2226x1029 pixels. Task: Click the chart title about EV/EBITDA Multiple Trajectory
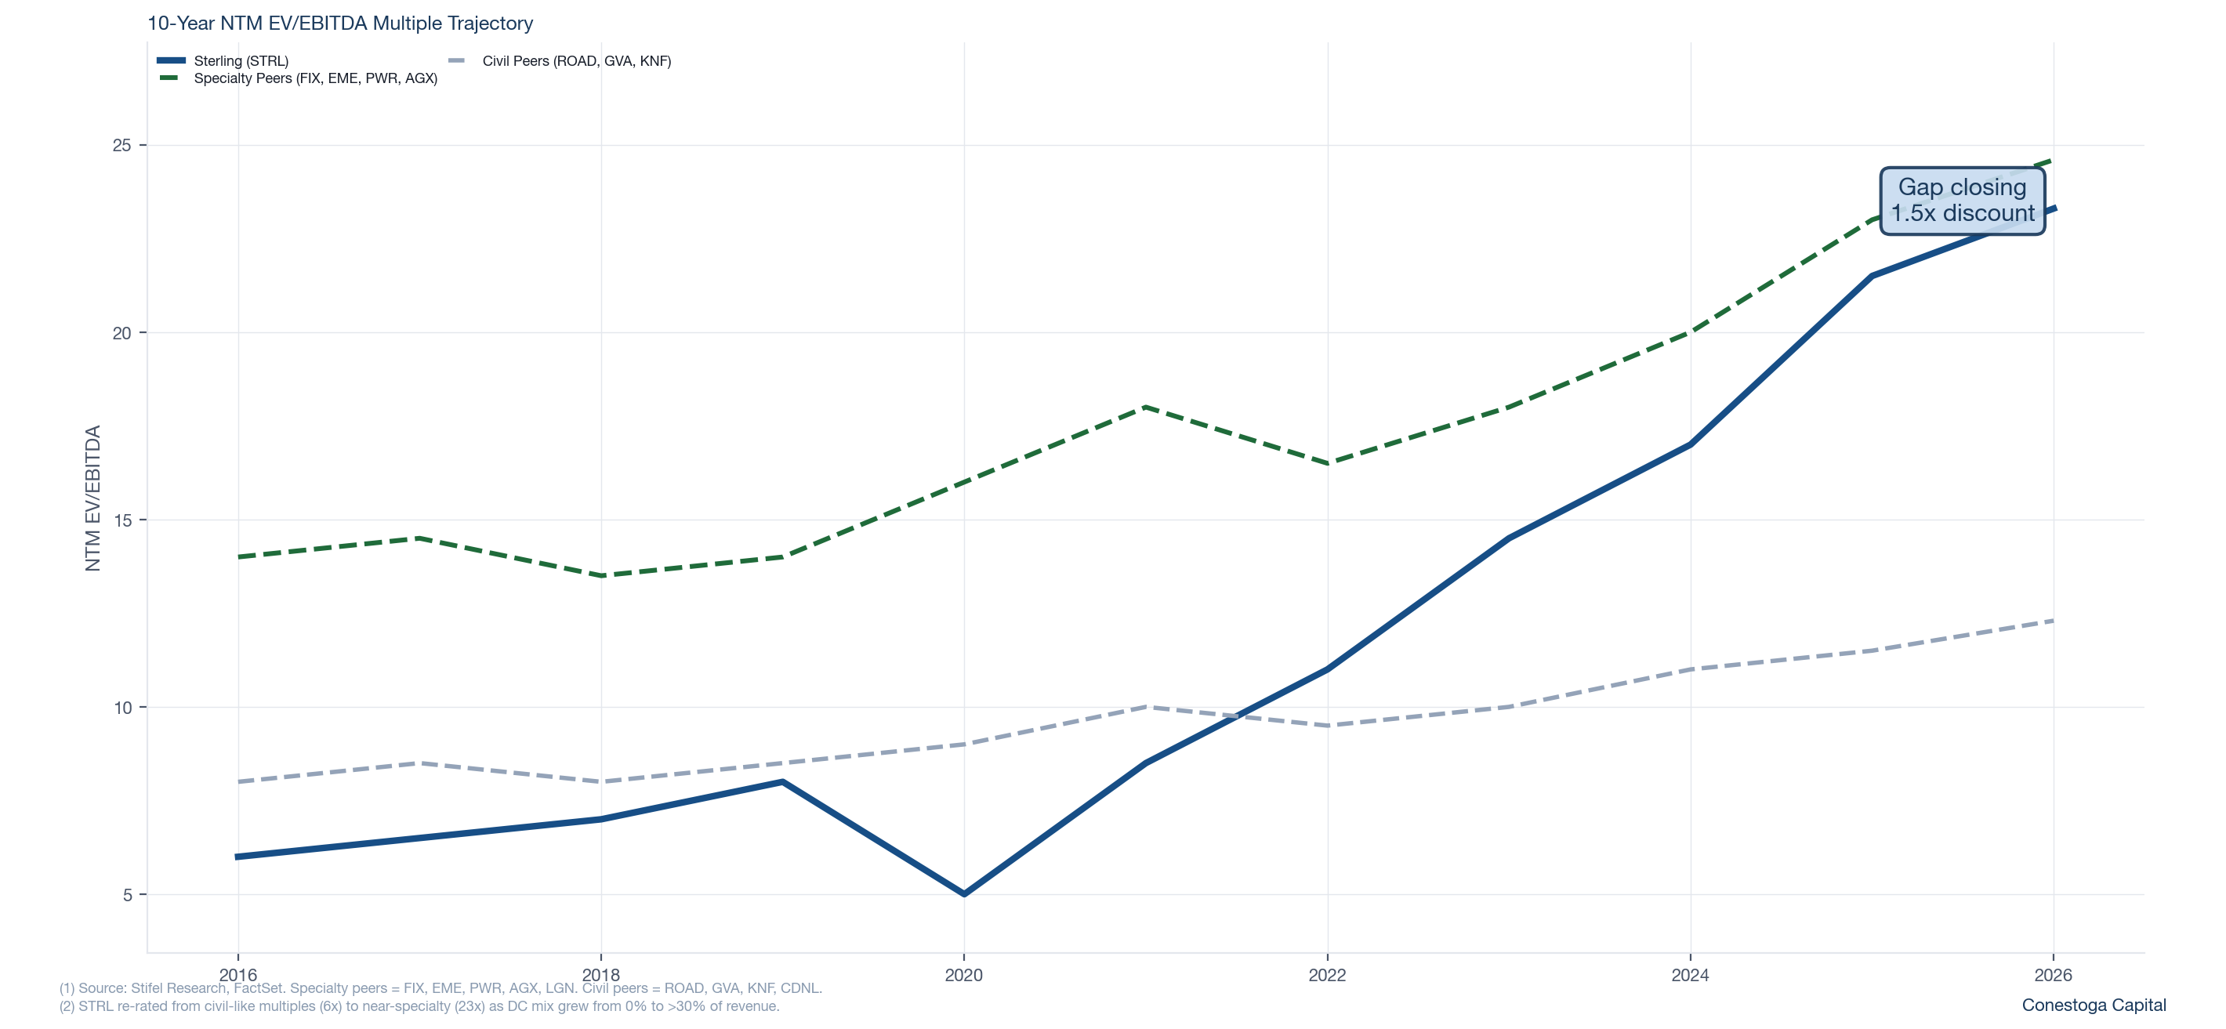339,24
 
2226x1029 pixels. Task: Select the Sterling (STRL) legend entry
240,60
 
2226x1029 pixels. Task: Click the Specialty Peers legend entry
314,78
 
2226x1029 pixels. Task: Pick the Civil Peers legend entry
575,60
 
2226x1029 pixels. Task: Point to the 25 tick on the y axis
121,145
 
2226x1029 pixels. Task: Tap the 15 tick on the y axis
121,520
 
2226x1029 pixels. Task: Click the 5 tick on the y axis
127,895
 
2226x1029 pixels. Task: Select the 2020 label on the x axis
963,976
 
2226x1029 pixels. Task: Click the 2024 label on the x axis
1690,976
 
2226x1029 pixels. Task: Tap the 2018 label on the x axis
600,976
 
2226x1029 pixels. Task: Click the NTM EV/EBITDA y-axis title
92,498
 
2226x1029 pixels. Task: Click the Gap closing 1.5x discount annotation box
1962,201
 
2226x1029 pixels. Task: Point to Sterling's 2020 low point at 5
964,894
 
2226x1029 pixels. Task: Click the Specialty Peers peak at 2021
1145,407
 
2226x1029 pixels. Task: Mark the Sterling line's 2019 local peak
782,782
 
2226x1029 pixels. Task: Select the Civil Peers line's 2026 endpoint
2054,621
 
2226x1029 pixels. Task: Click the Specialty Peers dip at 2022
1327,463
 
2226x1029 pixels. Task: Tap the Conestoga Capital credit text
2093,1005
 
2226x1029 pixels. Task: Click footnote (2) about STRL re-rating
419,1006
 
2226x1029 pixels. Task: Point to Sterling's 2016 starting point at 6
237,857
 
